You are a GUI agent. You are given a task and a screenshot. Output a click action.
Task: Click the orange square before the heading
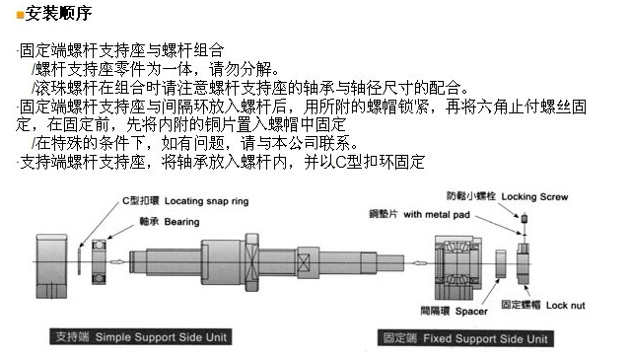pyautogui.click(x=20, y=15)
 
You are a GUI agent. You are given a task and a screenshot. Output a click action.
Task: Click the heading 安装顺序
pyautogui.click(x=58, y=13)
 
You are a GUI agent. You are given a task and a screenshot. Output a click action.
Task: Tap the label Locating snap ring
pyautogui.click(x=206, y=201)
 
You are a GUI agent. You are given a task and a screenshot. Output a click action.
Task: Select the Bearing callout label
pyautogui.click(x=181, y=222)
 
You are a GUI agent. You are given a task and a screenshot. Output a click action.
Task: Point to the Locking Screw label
pyautogui.click(x=534, y=197)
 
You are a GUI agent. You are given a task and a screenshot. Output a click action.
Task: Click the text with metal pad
pyautogui.click(x=437, y=214)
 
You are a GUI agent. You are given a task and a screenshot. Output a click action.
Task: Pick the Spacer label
pyautogui.click(x=471, y=312)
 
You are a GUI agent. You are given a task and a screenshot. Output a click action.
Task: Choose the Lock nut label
pyautogui.click(x=565, y=305)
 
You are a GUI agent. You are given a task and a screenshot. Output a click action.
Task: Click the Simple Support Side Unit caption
pyautogui.click(x=161, y=337)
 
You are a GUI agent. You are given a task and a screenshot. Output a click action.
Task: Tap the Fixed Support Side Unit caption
pyautogui.click(x=485, y=338)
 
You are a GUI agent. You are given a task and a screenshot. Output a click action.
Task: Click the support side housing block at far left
pyautogui.click(x=51, y=266)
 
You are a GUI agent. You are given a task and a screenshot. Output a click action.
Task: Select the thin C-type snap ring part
pyautogui.click(x=79, y=261)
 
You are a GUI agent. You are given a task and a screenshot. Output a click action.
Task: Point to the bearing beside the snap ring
pyautogui.click(x=99, y=261)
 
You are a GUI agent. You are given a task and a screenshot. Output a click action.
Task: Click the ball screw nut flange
pyautogui.click(x=251, y=262)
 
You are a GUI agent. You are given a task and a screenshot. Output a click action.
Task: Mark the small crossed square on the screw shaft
pyautogui.click(x=304, y=262)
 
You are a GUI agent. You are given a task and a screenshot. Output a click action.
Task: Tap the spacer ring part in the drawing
pyautogui.click(x=501, y=263)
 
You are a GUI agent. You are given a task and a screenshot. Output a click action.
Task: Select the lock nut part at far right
pyautogui.click(x=524, y=263)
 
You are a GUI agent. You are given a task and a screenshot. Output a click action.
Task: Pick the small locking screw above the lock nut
pyautogui.click(x=524, y=219)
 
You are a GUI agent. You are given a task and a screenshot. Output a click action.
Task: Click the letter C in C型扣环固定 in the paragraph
pyautogui.click(x=340, y=163)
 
